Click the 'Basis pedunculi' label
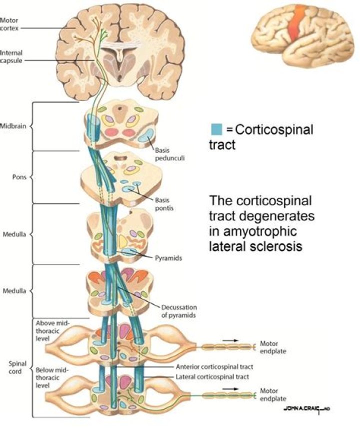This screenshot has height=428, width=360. (165, 152)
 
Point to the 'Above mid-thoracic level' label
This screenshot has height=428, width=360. (54, 331)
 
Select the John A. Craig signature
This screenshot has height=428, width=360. (306, 409)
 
